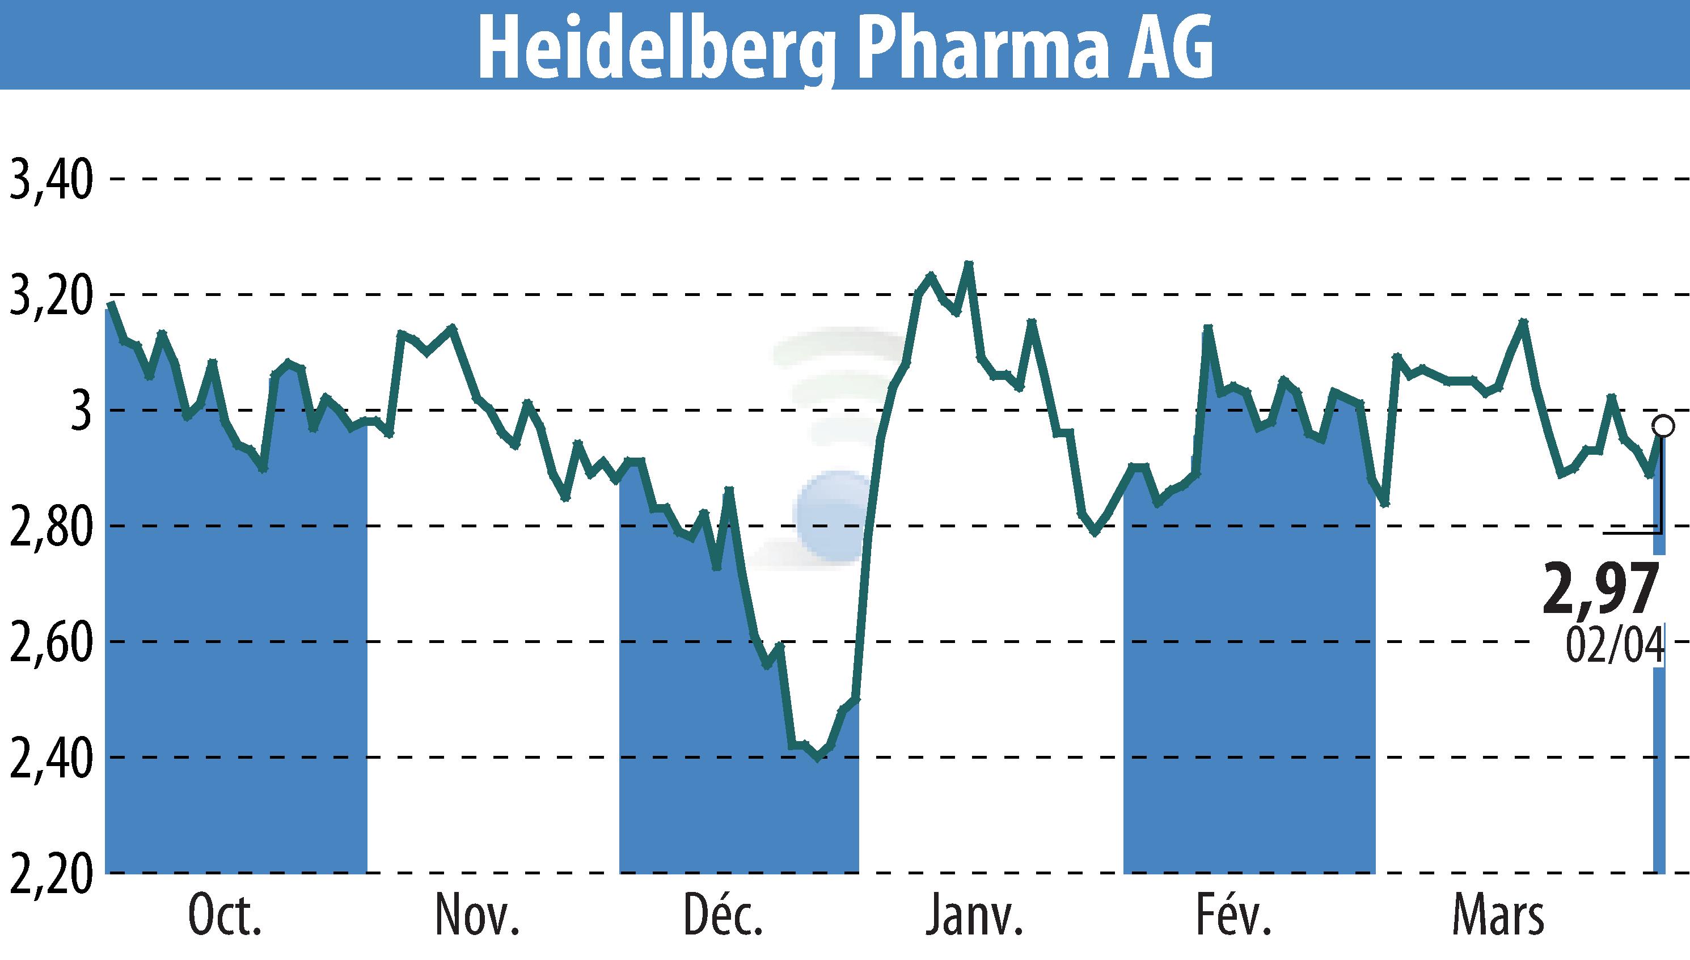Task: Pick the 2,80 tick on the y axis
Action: [x=50, y=527]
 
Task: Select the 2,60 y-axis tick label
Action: [x=50, y=644]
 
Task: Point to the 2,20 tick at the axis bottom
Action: [x=50, y=874]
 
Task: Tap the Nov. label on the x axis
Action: [x=478, y=916]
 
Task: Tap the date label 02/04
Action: [x=1614, y=645]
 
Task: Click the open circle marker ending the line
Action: [x=1663, y=426]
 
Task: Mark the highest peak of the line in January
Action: [x=968, y=264]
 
